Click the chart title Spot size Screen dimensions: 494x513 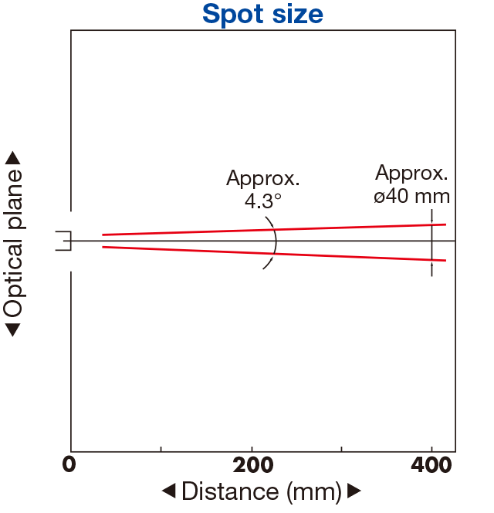pyautogui.click(x=262, y=15)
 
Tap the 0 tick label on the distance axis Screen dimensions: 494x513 pyautogui.click(x=69, y=464)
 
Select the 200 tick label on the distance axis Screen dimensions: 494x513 pyautogui.click(x=252, y=465)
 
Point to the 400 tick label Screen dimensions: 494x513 pyautogui.click(x=431, y=465)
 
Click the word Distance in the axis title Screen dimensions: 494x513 pyautogui.click(x=230, y=491)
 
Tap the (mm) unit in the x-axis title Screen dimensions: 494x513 pyautogui.click(x=314, y=492)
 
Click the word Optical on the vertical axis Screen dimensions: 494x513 pyautogui.click(x=13, y=278)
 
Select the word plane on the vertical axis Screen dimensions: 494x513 pyautogui.click(x=13, y=199)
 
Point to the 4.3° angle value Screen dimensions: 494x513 pyautogui.click(x=263, y=201)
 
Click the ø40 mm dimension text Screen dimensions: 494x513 pyautogui.click(x=412, y=196)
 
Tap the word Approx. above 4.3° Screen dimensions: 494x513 pyautogui.click(x=263, y=179)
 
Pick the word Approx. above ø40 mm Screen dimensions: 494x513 pyautogui.click(x=411, y=173)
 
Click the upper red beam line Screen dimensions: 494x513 pyautogui.click(x=274, y=230)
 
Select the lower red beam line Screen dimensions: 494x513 pyautogui.click(x=274, y=254)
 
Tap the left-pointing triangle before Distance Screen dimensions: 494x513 pyautogui.click(x=169, y=491)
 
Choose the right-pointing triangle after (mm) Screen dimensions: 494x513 pyautogui.click(x=354, y=491)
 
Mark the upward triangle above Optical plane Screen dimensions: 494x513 pyautogui.click(x=13, y=157)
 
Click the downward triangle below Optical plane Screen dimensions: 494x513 pyautogui.click(x=13, y=330)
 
